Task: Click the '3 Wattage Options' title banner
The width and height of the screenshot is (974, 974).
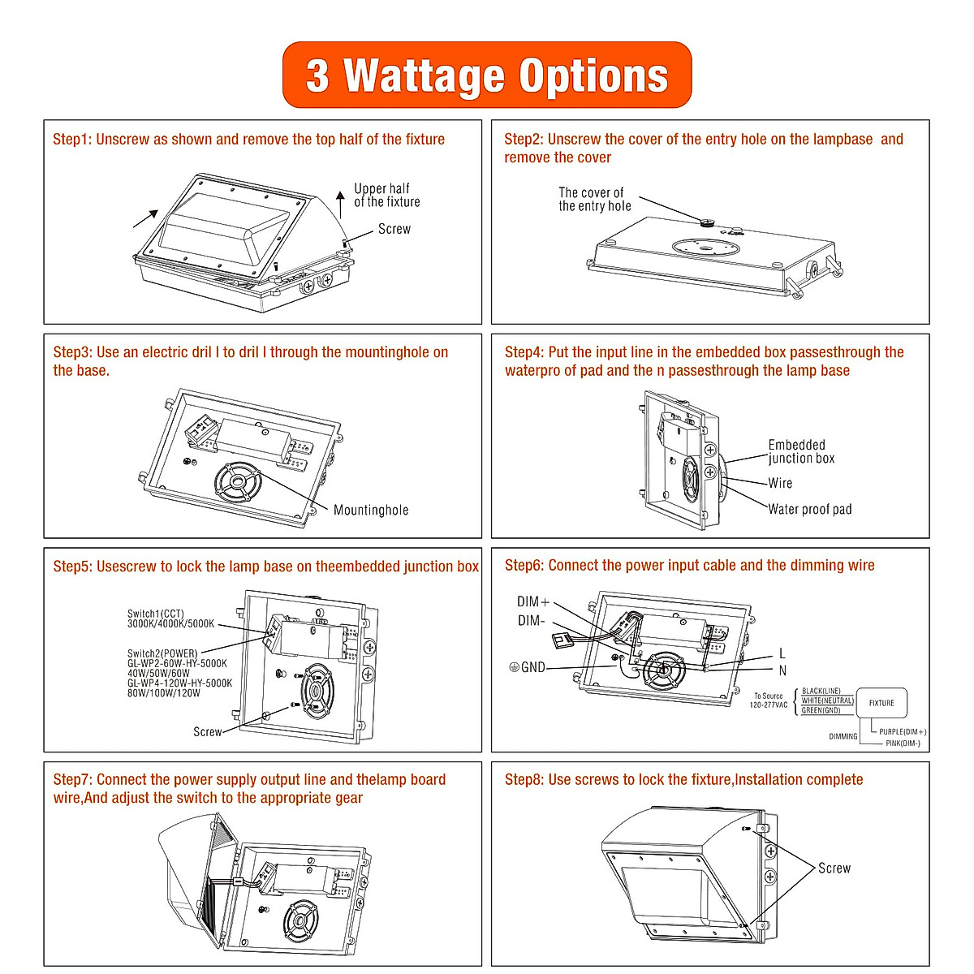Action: [x=487, y=75]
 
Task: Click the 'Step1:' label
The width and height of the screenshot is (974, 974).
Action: [x=72, y=140]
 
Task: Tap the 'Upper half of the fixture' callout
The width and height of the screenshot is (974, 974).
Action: [x=386, y=195]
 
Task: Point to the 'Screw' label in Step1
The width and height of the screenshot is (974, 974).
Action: [x=394, y=229]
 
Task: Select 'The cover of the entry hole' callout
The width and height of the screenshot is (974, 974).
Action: [x=594, y=199]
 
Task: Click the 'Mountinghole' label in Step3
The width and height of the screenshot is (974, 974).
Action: [x=371, y=510]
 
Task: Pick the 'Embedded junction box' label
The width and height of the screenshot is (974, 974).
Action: [x=800, y=451]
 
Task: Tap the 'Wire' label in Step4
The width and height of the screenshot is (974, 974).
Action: [x=780, y=483]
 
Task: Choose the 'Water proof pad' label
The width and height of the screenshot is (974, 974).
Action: [x=810, y=509]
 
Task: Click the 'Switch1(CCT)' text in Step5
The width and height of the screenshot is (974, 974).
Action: [x=156, y=614]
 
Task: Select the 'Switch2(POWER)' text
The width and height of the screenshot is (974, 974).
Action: [x=162, y=653]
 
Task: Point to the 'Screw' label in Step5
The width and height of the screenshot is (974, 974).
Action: [x=207, y=731]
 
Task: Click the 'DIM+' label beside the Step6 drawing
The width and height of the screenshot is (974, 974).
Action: [x=533, y=602]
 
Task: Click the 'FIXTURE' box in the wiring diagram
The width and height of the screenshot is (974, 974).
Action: [x=881, y=703]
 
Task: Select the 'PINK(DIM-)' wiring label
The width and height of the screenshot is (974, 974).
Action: [x=903, y=743]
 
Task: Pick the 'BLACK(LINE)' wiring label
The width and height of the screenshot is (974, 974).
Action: [x=821, y=692]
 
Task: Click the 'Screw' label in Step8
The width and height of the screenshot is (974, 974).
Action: [x=834, y=868]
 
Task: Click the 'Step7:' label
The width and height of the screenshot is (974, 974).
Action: [x=73, y=780]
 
